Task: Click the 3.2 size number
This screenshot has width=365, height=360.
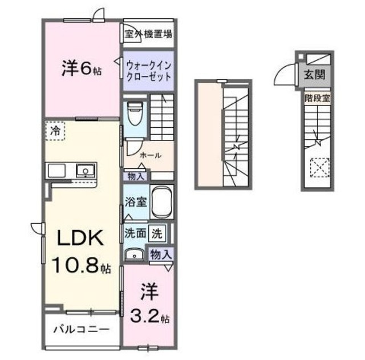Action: point(150,315)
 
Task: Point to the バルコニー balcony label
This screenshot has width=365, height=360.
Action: point(81,329)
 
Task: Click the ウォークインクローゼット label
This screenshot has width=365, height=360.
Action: point(148,71)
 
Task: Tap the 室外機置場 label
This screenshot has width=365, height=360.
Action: point(149,33)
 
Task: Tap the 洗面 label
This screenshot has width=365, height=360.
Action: point(135,233)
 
